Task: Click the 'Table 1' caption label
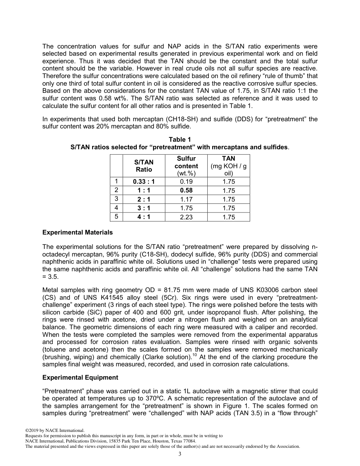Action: [x=180, y=140]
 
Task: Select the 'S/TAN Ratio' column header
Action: [x=144, y=166]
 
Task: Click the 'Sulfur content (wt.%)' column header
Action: [x=186, y=166]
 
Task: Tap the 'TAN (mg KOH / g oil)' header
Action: [x=229, y=166]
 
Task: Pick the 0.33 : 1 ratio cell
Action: [x=144, y=181]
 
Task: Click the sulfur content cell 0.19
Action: [x=186, y=181]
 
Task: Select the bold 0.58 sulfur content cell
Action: [x=186, y=190]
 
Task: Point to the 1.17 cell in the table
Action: [x=186, y=199]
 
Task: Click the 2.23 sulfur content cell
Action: [x=186, y=217]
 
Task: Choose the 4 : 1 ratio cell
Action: [x=144, y=217]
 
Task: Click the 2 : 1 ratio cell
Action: [x=144, y=199]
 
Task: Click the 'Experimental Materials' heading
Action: [x=77, y=232]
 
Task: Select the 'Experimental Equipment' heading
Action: [x=80, y=377]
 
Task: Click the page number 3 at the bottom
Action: [x=180, y=454]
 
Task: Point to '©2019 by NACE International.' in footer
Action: [x=54, y=430]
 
